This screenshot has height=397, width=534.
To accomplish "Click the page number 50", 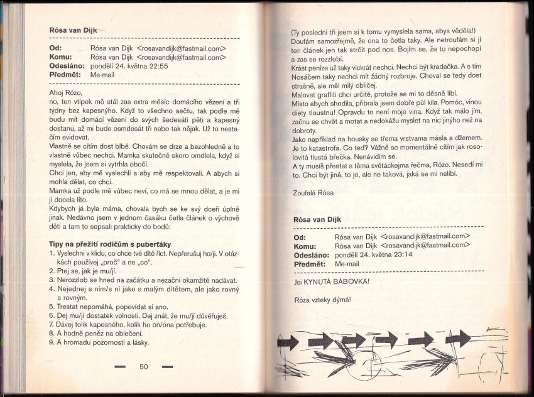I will pyautogui.click(x=143, y=366).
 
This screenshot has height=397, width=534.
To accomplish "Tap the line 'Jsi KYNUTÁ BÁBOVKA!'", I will pyautogui.click(x=332, y=281).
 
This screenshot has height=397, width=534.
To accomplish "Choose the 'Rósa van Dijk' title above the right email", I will pyautogui.click(x=320, y=220).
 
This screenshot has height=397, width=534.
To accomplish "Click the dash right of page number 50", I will pyautogui.click(x=166, y=367).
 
